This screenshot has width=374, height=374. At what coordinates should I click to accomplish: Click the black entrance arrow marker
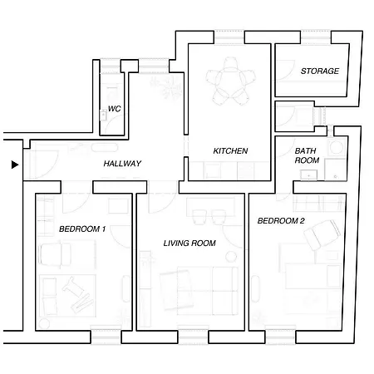pos(15,165)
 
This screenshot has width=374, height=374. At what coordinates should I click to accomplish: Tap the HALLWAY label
pos(122,164)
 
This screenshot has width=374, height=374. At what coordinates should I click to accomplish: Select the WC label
pos(114,109)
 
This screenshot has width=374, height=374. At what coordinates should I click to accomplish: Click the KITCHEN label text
pos(230,151)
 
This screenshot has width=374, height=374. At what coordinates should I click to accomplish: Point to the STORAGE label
pos(320,71)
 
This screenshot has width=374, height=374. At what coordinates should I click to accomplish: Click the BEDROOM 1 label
pos(82,229)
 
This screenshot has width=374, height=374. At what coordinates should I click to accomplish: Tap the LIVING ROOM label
pos(189,244)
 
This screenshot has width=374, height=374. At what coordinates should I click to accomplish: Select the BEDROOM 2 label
pos(281,221)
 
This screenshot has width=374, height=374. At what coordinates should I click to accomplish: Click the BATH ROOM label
pos(307,155)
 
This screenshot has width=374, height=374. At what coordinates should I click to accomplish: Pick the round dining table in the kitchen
pos(230,81)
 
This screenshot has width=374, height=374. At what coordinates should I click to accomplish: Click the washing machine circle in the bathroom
pos(337,147)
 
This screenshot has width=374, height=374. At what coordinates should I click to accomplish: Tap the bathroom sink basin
pos(308,175)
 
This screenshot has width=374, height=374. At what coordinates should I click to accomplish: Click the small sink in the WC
pos(103,115)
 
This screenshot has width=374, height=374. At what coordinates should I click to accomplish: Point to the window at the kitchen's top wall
pos(229,37)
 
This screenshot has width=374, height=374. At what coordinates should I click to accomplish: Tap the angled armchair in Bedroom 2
pos(322,234)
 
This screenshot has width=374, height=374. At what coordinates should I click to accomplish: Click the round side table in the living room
pos(231,257)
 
